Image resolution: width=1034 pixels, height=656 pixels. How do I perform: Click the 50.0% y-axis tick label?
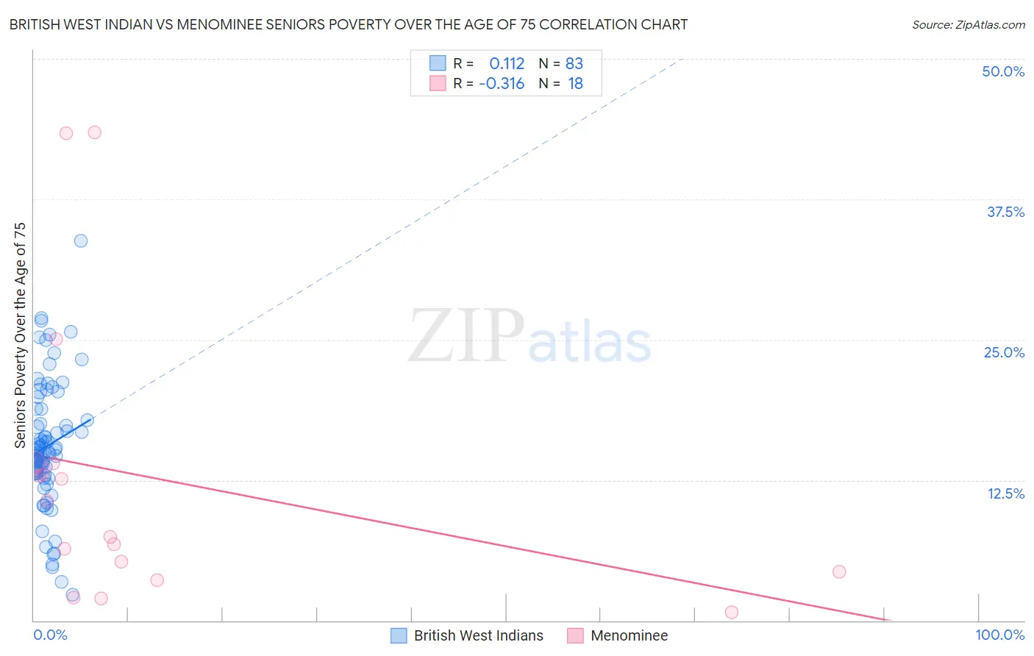click(x=1003, y=71)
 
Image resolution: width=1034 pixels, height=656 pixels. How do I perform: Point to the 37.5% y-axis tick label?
click(x=1005, y=212)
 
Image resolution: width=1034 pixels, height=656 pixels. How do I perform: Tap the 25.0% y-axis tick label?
click(x=1004, y=352)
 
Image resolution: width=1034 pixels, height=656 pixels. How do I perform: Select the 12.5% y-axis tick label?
click(x=1005, y=493)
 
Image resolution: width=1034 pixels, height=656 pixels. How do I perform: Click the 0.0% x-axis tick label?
click(x=50, y=635)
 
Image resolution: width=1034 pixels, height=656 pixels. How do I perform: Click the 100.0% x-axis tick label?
click(x=999, y=635)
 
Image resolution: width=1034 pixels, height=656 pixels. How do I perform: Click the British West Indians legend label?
click(x=478, y=635)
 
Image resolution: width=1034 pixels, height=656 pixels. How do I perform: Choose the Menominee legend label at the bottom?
click(x=629, y=635)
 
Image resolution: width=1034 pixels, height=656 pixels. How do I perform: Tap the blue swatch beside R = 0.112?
click(x=438, y=63)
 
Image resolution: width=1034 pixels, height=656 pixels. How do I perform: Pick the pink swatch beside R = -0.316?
click(x=438, y=83)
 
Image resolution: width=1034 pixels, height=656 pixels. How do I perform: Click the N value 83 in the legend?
click(x=574, y=63)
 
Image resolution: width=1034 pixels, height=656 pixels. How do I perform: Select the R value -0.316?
click(x=502, y=83)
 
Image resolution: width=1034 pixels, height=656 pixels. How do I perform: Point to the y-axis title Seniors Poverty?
click(x=20, y=335)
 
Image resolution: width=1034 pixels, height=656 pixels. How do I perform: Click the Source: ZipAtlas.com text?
click(x=968, y=24)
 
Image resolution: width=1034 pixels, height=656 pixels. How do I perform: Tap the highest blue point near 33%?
click(x=81, y=240)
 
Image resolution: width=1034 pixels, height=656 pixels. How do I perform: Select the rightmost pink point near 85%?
click(x=839, y=571)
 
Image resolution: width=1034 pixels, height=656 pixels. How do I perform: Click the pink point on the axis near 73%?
click(x=731, y=612)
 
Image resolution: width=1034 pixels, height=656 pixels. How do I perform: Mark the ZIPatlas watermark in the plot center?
click(x=530, y=338)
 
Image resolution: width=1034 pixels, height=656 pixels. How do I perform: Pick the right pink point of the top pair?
click(x=94, y=132)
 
